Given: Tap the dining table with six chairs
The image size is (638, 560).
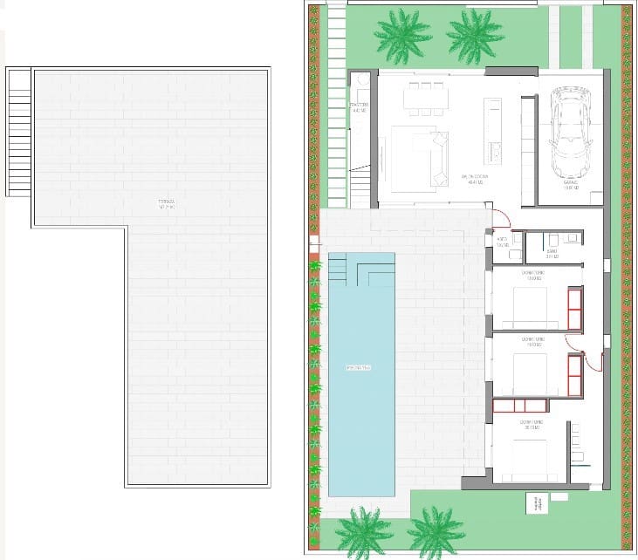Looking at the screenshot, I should [425, 99].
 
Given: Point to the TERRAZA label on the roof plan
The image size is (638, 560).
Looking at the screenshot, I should [167, 204].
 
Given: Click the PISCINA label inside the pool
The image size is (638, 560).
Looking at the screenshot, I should [359, 368].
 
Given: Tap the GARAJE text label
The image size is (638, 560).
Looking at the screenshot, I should [573, 186].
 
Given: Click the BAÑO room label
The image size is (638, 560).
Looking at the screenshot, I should [551, 255].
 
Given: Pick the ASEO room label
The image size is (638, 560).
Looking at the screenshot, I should [502, 242].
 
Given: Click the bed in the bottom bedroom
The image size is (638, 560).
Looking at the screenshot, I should [529, 454].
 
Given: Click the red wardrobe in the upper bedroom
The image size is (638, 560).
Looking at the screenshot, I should [575, 309].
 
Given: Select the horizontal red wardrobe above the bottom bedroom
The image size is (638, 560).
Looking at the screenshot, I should [520, 405].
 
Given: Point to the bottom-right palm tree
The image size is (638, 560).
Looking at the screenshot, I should [435, 530].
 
